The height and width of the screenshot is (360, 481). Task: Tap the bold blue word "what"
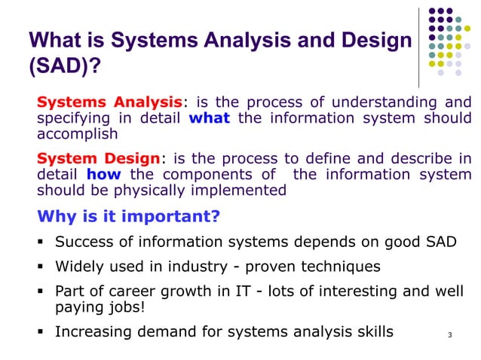click(x=209, y=118)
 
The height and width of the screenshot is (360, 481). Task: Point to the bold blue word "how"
click(x=103, y=175)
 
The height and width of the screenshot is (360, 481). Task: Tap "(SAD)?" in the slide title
click(x=63, y=69)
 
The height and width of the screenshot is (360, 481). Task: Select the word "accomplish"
click(x=78, y=135)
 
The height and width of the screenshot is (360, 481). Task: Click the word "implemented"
click(x=240, y=191)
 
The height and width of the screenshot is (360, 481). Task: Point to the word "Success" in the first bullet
click(x=84, y=243)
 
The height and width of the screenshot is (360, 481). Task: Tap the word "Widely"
click(x=81, y=267)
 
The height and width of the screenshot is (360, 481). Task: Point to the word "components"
click(x=209, y=175)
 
